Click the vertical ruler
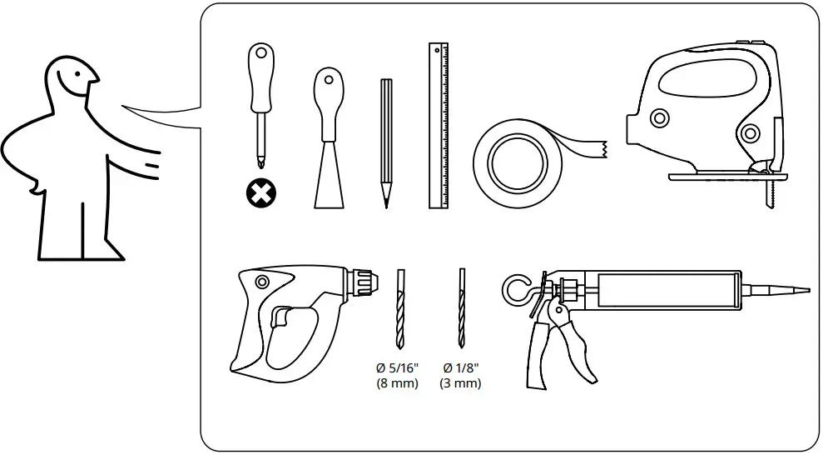(439, 125)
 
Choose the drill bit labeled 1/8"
(462, 308)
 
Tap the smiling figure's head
(71, 83)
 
